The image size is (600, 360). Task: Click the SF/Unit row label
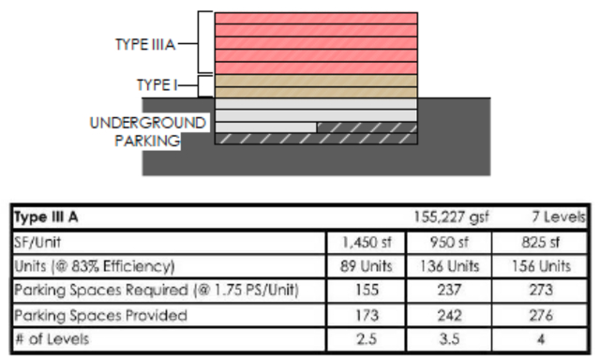click(x=41, y=242)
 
